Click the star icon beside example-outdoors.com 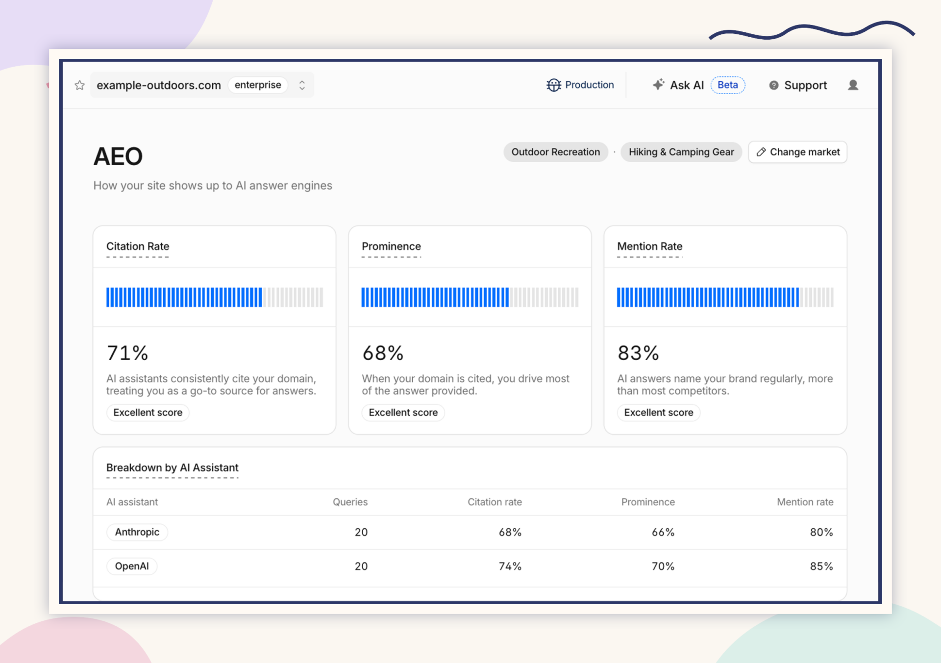point(79,85)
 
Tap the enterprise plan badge point(258,85)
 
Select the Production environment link point(580,85)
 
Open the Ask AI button point(678,85)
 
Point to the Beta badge point(728,85)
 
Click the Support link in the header point(798,85)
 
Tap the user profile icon point(853,85)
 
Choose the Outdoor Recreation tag point(556,152)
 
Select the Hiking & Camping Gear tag point(681,152)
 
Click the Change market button point(798,152)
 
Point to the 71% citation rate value point(127,353)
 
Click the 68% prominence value point(383,353)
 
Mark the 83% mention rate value point(638,353)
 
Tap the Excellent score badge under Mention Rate point(659,413)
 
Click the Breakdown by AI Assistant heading point(173,467)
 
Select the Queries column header point(350,502)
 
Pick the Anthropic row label point(137,532)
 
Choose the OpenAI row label point(132,566)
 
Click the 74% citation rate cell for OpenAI point(510,566)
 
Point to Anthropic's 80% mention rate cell point(821,532)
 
